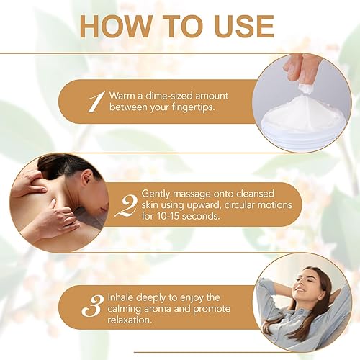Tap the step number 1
click(x=96, y=102)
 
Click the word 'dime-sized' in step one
click(x=163, y=96)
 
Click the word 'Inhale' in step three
click(x=122, y=296)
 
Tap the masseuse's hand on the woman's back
click(x=50, y=220)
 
